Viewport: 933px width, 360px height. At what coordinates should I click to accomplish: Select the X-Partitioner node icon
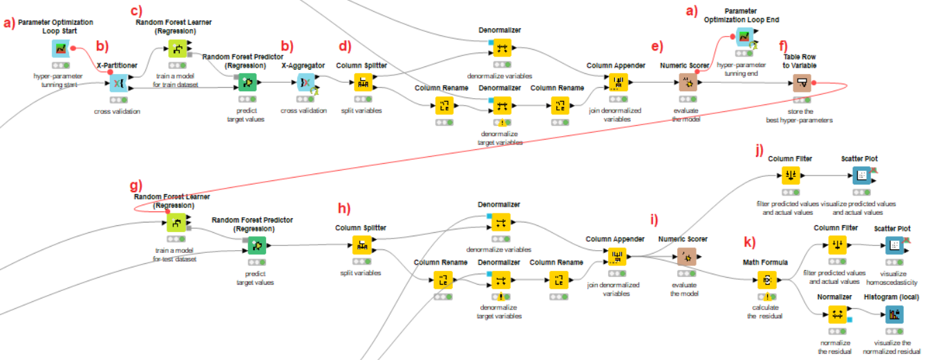[117, 83]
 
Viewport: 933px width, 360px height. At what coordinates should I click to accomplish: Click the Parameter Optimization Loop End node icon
[744, 37]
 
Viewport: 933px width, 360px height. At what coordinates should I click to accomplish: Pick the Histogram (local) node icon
[894, 314]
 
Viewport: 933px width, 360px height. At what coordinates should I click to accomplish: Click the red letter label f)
[783, 46]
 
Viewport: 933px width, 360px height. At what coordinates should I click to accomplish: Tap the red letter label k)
[749, 242]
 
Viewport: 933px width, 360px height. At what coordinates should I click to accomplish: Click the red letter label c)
[138, 12]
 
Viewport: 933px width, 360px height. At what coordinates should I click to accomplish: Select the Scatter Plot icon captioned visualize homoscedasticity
[894, 245]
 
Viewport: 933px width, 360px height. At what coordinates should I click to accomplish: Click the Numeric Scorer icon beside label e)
[687, 83]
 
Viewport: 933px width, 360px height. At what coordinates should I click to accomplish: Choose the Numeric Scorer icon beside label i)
[686, 257]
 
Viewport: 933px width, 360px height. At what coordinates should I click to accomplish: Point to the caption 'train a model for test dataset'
[174, 255]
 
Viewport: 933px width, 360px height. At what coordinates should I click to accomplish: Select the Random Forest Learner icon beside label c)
[176, 48]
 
